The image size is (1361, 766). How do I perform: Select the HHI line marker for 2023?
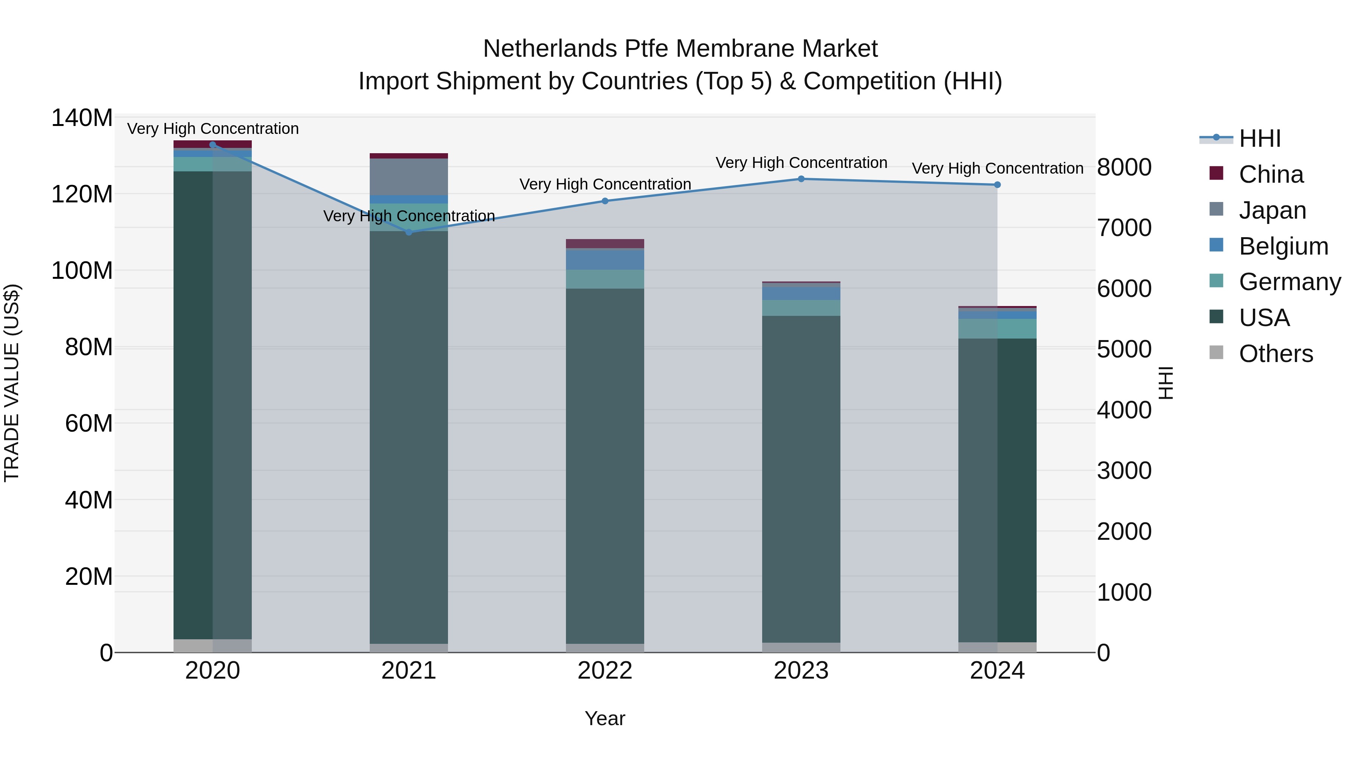(x=801, y=179)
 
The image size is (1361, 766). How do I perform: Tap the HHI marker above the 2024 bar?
(x=997, y=185)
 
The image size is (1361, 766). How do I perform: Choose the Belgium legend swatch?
(x=1216, y=245)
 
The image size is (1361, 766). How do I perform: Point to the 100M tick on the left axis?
(x=82, y=271)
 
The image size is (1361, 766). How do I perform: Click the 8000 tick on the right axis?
(x=1124, y=168)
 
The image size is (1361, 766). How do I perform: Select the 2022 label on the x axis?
(x=605, y=671)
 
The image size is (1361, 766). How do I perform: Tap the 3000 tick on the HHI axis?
(x=1124, y=471)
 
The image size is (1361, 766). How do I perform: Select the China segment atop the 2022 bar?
(x=605, y=244)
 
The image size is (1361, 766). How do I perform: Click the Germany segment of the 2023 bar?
(x=801, y=308)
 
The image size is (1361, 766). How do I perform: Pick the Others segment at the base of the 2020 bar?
(x=212, y=645)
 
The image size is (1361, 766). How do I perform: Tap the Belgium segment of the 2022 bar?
(x=605, y=259)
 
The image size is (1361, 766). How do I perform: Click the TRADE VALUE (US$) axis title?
(x=12, y=383)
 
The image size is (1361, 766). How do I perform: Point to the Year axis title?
(x=605, y=718)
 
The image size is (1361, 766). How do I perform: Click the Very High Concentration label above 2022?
(x=605, y=184)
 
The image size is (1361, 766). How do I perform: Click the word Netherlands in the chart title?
(x=549, y=49)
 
